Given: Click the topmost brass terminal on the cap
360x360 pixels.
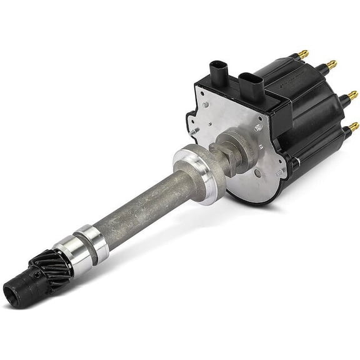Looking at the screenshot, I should pyautogui.click(x=303, y=53).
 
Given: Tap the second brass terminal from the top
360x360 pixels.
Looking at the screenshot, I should pyautogui.click(x=331, y=64).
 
